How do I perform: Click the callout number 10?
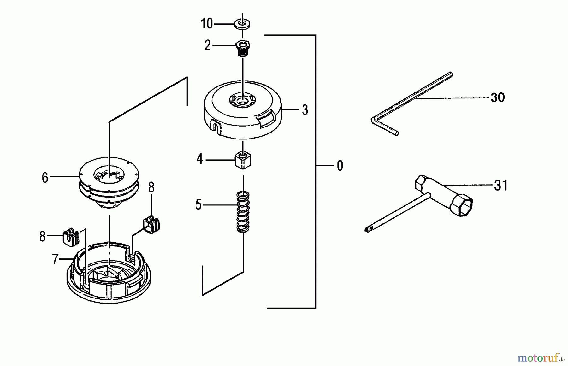207,24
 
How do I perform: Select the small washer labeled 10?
242,24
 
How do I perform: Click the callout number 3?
305,110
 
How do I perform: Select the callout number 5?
198,205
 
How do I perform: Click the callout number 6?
45,178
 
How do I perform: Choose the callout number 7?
56,259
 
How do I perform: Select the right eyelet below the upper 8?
151,225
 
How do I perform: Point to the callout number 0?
340,166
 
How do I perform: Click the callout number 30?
498,97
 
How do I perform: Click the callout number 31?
501,185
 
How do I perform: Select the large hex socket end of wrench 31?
461,205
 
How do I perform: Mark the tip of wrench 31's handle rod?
367,230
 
